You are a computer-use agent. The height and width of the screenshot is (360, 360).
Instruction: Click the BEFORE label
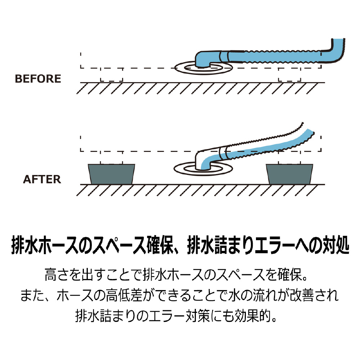(38, 79)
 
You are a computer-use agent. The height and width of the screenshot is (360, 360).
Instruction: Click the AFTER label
(42, 179)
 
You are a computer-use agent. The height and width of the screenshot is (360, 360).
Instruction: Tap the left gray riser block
(112, 174)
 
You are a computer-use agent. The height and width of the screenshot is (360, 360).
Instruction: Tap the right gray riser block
(289, 174)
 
